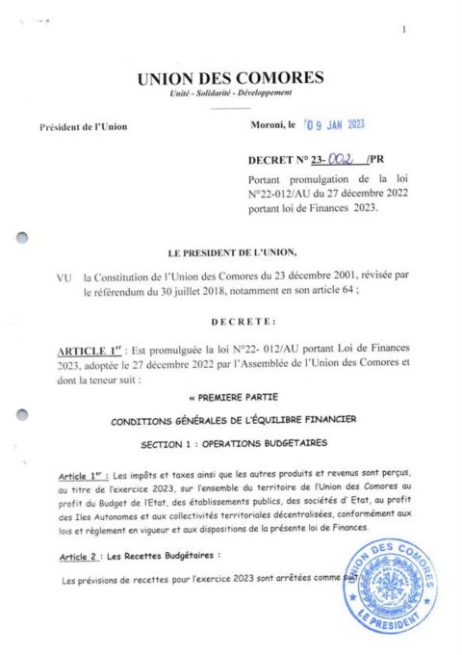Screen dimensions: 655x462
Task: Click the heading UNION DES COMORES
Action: point(231,78)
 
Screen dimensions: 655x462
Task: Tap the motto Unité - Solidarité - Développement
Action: point(230,93)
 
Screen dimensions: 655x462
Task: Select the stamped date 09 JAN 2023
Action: point(334,125)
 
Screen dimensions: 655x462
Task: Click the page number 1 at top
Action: point(404,30)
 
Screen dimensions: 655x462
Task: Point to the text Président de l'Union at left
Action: point(83,127)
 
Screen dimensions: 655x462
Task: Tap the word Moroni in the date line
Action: point(267,126)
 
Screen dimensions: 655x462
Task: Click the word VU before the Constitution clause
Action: point(64,277)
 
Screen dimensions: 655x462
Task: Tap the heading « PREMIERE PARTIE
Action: point(230,396)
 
